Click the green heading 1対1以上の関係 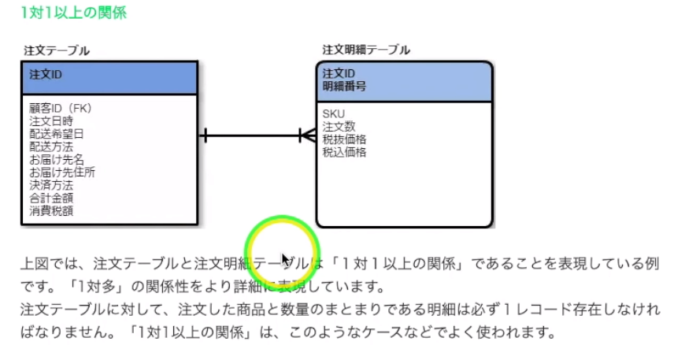[74, 13]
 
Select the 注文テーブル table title [57, 50]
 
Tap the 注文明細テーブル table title [366, 50]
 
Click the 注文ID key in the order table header [46, 75]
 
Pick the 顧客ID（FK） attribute [61, 109]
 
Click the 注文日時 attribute [51, 121]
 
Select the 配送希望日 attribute [57, 134]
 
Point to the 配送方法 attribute [51, 147]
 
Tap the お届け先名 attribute [57, 160]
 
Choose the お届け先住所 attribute [62, 173]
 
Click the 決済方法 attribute [51, 185]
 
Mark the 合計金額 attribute [51, 199]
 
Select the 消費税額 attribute [51, 211]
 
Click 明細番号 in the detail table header [344, 86]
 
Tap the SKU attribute [333, 114]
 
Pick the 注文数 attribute [339, 127]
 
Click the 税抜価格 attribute [344, 139]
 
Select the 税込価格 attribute [344, 152]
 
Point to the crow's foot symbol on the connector [307, 135]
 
